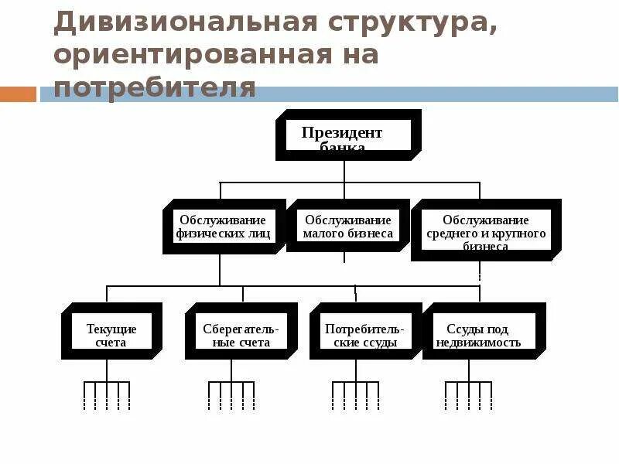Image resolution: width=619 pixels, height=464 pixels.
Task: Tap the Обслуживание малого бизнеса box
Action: click(x=348, y=226)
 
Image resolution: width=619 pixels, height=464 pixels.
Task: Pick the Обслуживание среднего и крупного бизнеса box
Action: click(x=486, y=230)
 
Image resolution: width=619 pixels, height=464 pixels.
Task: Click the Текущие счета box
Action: click(x=111, y=332)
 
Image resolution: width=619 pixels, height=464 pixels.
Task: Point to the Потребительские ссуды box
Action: click(x=361, y=332)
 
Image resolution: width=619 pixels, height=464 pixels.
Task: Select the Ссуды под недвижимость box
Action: click(x=483, y=332)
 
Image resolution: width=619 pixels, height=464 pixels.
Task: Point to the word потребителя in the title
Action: click(x=155, y=87)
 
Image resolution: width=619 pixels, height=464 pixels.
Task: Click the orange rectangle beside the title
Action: click(x=18, y=94)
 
